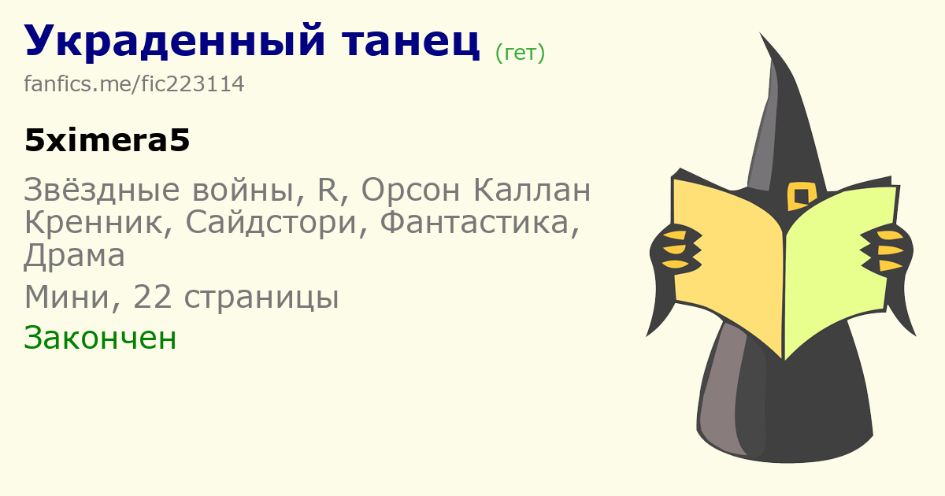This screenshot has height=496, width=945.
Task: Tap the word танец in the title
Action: click(411, 43)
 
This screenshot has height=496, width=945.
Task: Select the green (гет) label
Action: click(520, 54)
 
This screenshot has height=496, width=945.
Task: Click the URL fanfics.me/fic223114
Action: click(134, 83)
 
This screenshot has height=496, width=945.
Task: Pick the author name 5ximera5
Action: click(107, 140)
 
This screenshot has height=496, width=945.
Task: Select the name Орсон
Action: click(410, 190)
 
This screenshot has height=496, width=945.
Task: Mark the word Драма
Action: click(74, 256)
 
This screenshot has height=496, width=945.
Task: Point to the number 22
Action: click(152, 297)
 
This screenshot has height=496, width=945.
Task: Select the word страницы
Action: click(261, 298)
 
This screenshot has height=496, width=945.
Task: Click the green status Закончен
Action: click(100, 338)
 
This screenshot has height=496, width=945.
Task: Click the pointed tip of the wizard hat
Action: click(760, 33)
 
